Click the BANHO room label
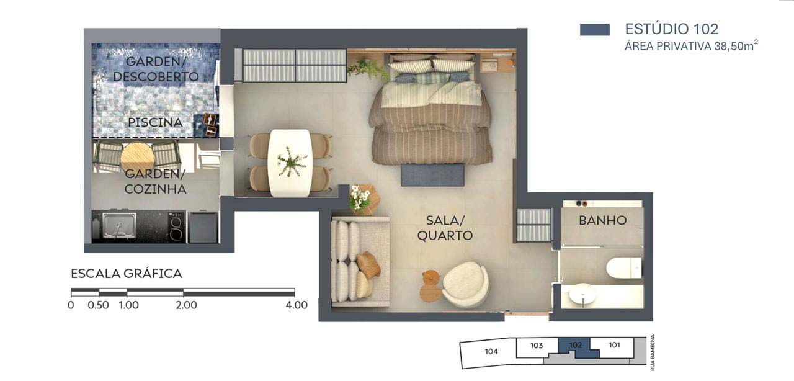pyautogui.click(x=602, y=220)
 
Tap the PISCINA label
pyautogui.click(x=155, y=122)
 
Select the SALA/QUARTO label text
pyautogui.click(x=445, y=228)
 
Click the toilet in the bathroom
pyautogui.click(x=623, y=268)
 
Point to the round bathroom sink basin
pyautogui.click(x=582, y=294)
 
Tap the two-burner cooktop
pyautogui.click(x=177, y=227)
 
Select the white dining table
pyautogui.click(x=290, y=163)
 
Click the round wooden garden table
pyautogui.click(x=137, y=157)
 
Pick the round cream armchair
pyautogui.click(x=465, y=284)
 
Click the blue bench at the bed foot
pyautogui.click(x=432, y=175)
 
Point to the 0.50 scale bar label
pyautogui.click(x=98, y=305)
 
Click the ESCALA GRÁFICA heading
pyautogui.click(x=127, y=274)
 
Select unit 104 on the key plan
pyautogui.click(x=491, y=351)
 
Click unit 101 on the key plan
pyautogui.click(x=614, y=345)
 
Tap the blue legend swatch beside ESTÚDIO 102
pyautogui.click(x=595, y=29)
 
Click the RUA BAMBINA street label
pyautogui.click(x=653, y=352)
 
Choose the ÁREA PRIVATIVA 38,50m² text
pyautogui.click(x=691, y=45)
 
